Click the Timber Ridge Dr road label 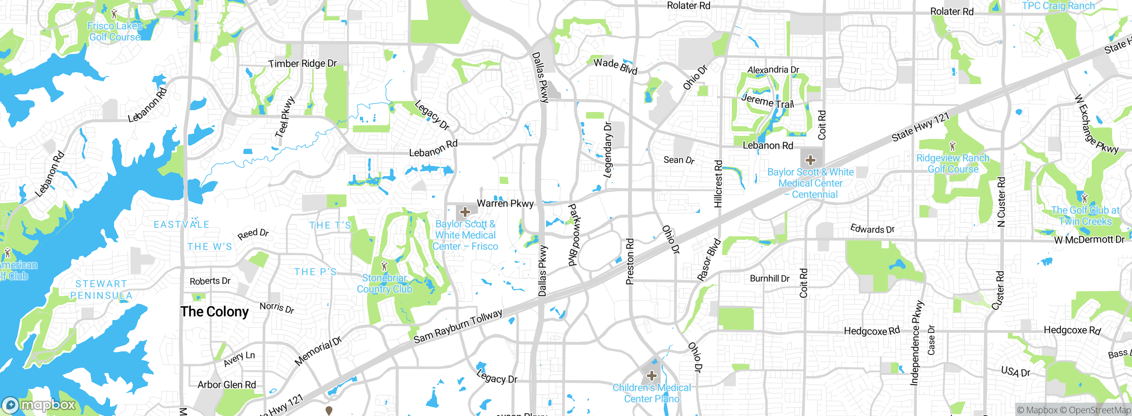click(x=302, y=64)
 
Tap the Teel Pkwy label click(x=284, y=117)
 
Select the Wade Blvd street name click(x=615, y=66)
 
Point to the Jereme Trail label click(x=768, y=101)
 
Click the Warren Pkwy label click(x=505, y=204)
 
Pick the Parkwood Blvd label click(x=573, y=235)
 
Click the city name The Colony click(x=214, y=312)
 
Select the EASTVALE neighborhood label click(x=181, y=225)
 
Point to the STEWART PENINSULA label click(x=101, y=289)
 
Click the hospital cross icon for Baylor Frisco click(x=465, y=212)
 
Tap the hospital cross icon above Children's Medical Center click(x=651, y=376)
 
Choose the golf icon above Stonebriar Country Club click(x=384, y=266)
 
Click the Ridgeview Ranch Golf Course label click(x=953, y=164)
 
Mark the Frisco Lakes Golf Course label click(x=115, y=31)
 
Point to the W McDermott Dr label click(x=1089, y=240)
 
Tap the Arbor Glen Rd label click(x=226, y=385)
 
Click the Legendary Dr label click(x=608, y=150)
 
